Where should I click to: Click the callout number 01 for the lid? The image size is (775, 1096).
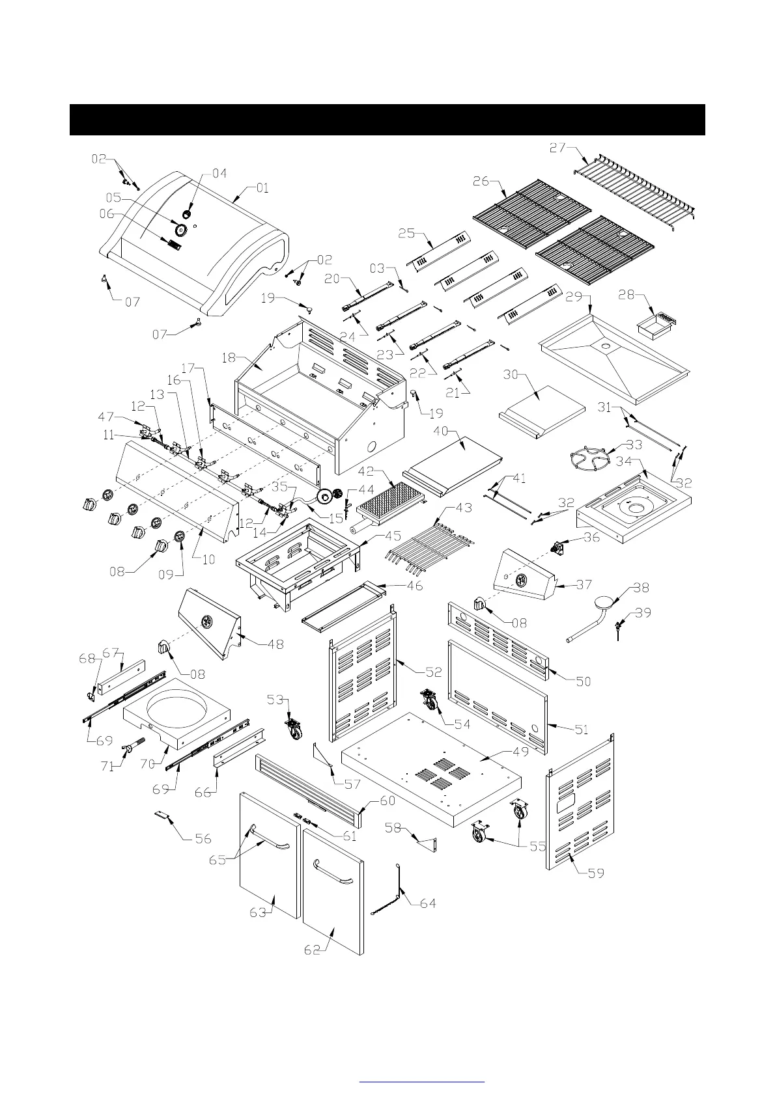tap(262, 188)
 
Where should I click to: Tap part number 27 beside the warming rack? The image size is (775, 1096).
tap(557, 148)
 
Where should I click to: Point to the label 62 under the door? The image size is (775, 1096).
tap(313, 950)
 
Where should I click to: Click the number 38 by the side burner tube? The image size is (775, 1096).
tap(641, 587)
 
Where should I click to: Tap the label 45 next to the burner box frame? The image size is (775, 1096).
tap(393, 537)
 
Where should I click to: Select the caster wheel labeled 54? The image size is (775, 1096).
tap(430, 700)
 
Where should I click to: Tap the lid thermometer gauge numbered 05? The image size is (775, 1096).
tap(179, 229)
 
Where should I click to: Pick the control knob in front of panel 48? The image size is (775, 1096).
tap(164, 648)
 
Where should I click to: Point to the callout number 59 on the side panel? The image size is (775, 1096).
tap(596, 873)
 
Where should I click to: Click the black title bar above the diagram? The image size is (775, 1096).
tap(387, 119)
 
